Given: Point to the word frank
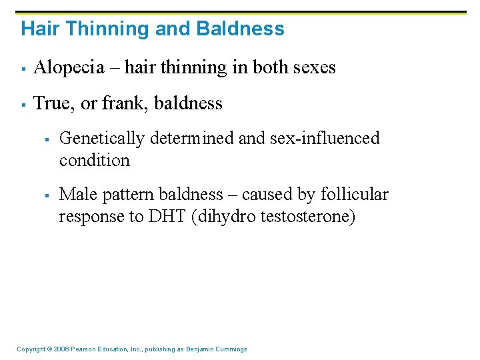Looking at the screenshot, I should point(120,103).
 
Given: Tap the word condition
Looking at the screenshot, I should point(95,160).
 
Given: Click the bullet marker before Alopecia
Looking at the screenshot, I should point(23,68).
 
